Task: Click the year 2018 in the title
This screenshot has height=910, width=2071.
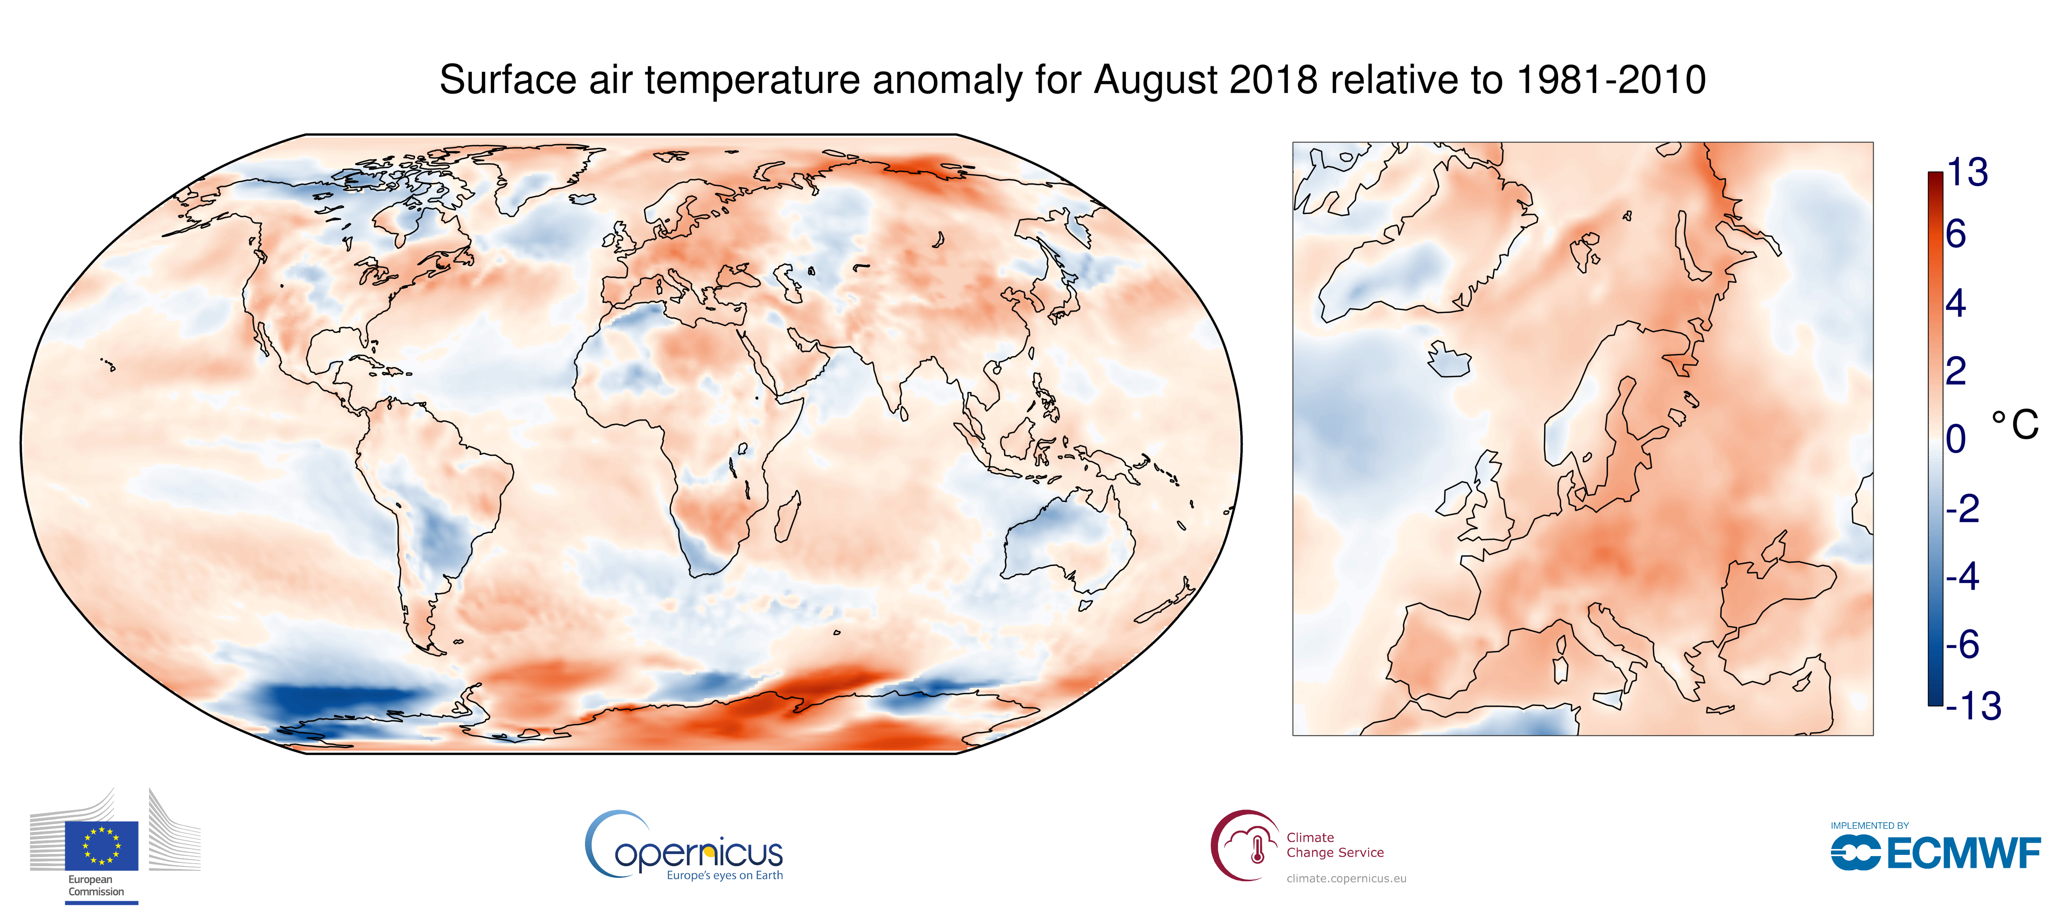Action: pyautogui.click(x=1273, y=80)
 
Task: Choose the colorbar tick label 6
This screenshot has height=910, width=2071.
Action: pyautogui.click(x=1956, y=235)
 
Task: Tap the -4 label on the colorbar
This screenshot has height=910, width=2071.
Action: pyautogui.click(x=1962, y=576)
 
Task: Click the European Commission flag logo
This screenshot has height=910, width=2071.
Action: pyautogui.click(x=101, y=846)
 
